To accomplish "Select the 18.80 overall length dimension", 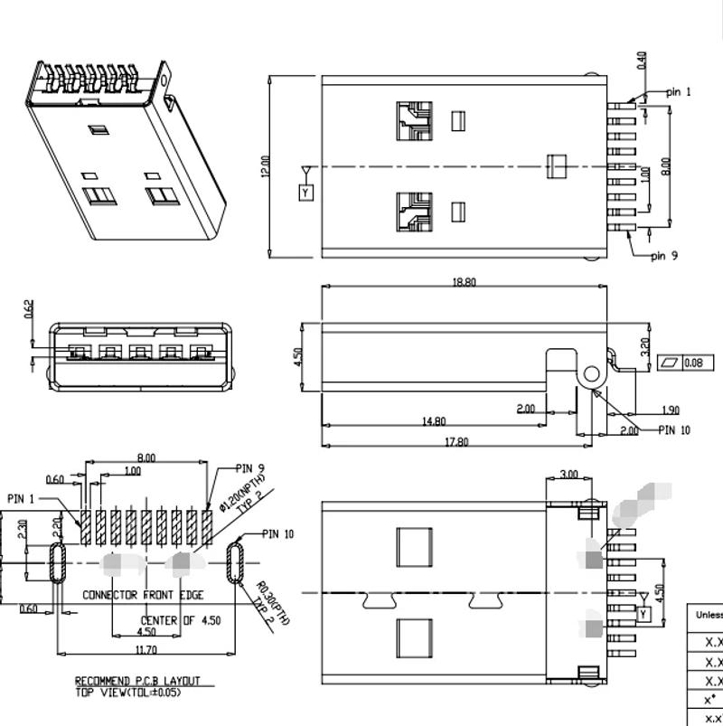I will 464,282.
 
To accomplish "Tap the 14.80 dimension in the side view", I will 434,421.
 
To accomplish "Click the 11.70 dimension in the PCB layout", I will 145,649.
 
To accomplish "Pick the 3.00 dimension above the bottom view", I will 569,474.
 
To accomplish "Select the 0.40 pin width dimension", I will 642,61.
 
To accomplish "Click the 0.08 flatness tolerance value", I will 693,363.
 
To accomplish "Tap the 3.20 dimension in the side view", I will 644,346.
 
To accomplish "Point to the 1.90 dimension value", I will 671,410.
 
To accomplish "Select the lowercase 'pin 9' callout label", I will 664,256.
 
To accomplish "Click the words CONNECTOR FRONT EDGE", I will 143,595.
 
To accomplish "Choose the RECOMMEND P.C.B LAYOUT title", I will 137,681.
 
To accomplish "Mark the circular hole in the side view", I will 591,373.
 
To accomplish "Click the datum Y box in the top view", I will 305,193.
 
